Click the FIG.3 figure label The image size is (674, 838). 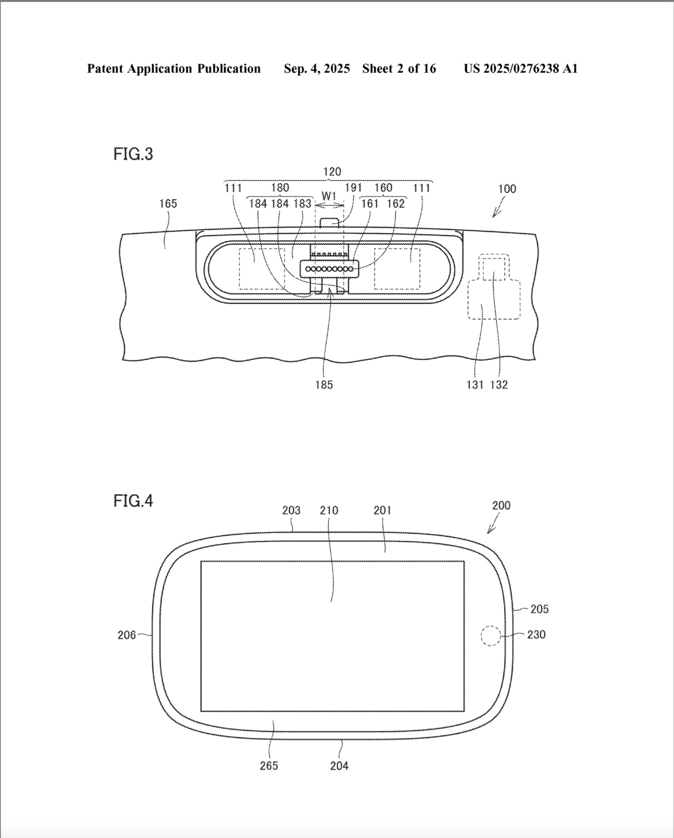[133, 154]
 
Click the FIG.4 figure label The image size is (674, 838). [133, 501]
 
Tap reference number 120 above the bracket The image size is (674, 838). [332, 172]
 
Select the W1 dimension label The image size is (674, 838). [329, 196]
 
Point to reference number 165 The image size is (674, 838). [168, 203]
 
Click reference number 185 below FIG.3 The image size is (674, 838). [324, 385]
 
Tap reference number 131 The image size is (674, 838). [475, 385]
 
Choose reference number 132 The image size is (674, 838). [499, 385]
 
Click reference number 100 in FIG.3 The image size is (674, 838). [507, 189]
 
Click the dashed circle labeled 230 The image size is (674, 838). [491, 636]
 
